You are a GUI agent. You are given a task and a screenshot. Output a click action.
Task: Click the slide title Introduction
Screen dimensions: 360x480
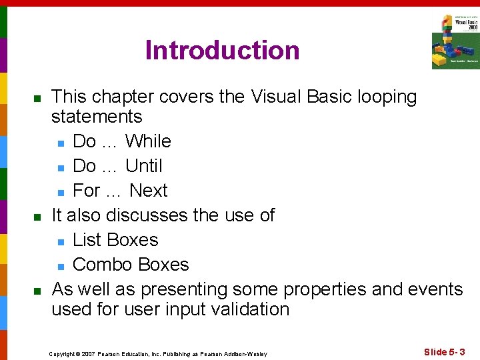(222, 51)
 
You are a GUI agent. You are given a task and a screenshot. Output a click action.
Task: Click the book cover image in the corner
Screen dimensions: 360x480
(455, 41)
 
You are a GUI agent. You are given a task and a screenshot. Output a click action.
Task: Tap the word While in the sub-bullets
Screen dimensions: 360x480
(148, 141)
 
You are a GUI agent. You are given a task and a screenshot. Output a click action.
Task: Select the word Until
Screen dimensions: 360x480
(144, 166)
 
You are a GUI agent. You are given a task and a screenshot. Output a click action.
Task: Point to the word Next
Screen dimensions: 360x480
(148, 191)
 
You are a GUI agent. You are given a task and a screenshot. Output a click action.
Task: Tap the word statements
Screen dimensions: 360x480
(97, 117)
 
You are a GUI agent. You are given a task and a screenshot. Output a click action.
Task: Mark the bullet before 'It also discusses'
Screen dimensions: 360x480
(37, 217)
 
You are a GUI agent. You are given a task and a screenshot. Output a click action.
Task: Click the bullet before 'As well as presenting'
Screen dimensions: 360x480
(37, 291)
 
